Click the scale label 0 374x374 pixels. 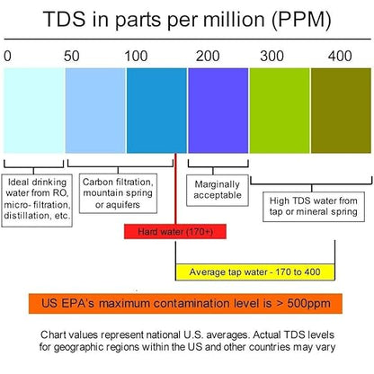pyautogui.click(x=7, y=57)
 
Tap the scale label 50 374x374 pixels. pyautogui.click(x=72, y=57)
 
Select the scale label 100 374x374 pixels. pyautogui.click(x=136, y=57)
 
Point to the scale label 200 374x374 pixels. pyautogui.click(x=208, y=57)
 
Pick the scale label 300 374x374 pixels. pyautogui.click(x=272, y=57)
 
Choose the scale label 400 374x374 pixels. pyautogui.click(x=340, y=57)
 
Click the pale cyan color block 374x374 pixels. pyautogui.click(x=34, y=111)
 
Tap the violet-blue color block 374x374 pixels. pyautogui.click(x=218, y=111)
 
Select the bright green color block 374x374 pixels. pyautogui.click(x=280, y=111)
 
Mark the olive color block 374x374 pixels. pyautogui.click(x=341, y=111)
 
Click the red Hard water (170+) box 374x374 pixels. pyautogui.click(x=175, y=232)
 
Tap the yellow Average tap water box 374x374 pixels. pyautogui.click(x=254, y=272)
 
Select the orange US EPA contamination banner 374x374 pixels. pyautogui.click(x=185, y=304)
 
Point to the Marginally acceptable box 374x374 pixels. pyautogui.click(x=218, y=191)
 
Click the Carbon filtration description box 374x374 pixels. pyautogui.click(x=118, y=193)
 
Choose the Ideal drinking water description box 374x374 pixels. pyautogui.click(x=37, y=200)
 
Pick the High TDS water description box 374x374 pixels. pyautogui.click(x=314, y=207)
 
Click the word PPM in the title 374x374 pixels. pyautogui.click(x=301, y=20)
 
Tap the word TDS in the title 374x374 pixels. pyautogui.click(x=64, y=19)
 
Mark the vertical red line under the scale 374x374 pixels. pyautogui.click(x=175, y=189)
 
